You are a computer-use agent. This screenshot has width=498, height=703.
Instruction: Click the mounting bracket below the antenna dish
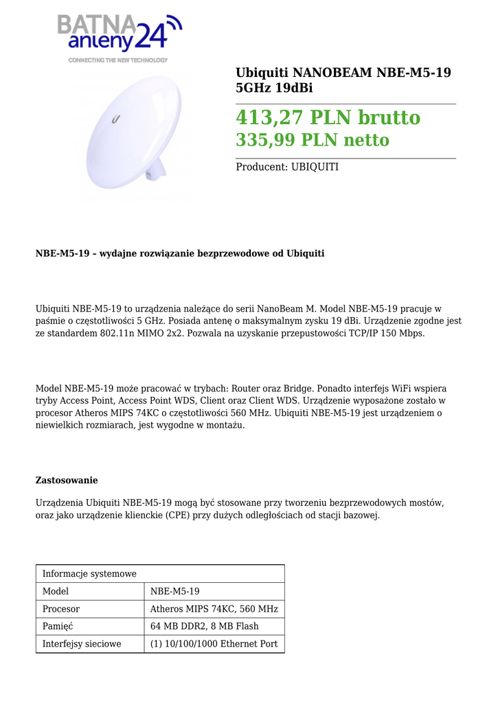tap(157, 169)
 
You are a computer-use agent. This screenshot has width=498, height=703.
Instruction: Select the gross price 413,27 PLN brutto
tap(328, 118)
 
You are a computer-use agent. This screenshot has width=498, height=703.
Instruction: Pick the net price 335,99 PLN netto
tap(313, 141)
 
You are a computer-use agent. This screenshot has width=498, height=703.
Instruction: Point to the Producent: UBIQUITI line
tap(287, 167)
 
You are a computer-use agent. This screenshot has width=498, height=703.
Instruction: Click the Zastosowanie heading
tap(67, 480)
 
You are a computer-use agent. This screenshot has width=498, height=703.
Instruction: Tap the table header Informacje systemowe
tap(89, 574)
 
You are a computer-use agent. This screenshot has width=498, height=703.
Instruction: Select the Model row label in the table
tap(56, 591)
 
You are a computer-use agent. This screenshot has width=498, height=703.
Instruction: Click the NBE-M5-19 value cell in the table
tap(174, 591)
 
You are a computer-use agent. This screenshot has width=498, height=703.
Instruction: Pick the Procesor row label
tap(61, 609)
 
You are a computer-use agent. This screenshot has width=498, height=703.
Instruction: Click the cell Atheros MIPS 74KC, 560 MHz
tap(214, 609)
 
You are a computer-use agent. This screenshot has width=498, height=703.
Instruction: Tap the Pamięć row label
tap(58, 626)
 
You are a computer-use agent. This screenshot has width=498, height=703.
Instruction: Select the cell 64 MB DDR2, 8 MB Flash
tap(204, 626)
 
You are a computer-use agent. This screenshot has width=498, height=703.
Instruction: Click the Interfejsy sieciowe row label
tap(82, 644)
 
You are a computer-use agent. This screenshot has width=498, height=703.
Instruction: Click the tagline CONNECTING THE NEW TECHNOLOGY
tap(117, 60)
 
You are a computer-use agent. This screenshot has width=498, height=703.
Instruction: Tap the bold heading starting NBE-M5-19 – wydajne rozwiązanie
tap(180, 253)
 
